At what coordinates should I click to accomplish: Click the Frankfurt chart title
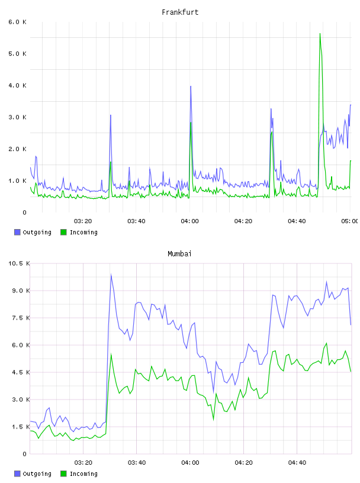[180, 12]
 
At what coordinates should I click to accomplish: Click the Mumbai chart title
[179, 254]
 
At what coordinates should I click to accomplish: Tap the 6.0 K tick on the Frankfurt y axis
[18, 22]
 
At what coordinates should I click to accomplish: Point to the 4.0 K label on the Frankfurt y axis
[18, 85]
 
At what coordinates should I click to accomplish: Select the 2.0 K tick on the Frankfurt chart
[18, 149]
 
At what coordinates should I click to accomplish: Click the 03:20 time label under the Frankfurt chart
[83, 221]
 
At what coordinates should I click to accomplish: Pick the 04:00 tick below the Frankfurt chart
[190, 221]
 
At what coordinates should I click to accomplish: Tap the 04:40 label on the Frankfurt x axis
[297, 221]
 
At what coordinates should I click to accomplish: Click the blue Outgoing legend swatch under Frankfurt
[17, 232]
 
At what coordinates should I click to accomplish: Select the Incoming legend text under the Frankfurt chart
[83, 232]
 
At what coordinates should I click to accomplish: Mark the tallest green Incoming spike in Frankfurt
[320, 34]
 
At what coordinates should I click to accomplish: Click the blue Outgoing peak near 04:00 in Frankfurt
[191, 86]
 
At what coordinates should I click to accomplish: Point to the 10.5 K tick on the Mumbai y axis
[19, 263]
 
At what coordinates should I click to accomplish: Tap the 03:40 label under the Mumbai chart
[137, 462]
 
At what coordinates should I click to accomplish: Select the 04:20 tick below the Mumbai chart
[243, 462]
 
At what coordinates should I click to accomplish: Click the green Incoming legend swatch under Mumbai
[63, 474]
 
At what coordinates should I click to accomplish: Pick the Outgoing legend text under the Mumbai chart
[37, 474]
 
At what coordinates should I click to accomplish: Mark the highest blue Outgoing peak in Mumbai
[111, 275]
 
